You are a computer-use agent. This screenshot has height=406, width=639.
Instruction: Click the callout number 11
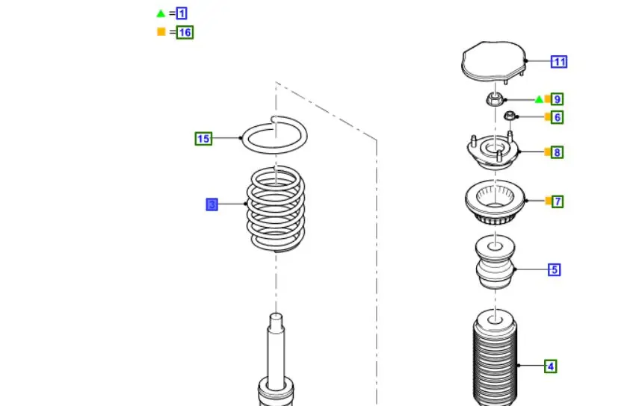click(x=559, y=62)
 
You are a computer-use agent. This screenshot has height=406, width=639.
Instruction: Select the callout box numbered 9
click(x=557, y=99)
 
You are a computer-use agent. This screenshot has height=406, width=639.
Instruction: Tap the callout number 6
click(x=557, y=118)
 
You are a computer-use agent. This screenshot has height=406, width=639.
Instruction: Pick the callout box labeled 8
click(x=557, y=152)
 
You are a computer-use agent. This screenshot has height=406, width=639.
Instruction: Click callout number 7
click(x=558, y=202)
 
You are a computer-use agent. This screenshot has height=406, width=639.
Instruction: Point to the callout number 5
click(x=555, y=269)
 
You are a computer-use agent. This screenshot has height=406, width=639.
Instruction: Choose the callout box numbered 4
click(x=551, y=366)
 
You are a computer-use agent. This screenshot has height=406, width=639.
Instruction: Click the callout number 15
click(x=203, y=139)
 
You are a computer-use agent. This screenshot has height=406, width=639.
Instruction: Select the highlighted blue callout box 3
click(x=212, y=204)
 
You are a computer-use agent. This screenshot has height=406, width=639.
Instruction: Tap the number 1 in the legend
click(x=182, y=13)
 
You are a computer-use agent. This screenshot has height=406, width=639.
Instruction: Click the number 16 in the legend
click(x=185, y=32)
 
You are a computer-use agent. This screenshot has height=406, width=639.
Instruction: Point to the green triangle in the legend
click(x=161, y=13)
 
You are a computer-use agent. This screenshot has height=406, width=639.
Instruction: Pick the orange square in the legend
click(x=161, y=32)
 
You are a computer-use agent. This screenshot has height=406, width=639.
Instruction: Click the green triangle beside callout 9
click(x=539, y=99)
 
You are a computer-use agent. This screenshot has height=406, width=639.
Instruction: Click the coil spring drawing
click(x=276, y=208)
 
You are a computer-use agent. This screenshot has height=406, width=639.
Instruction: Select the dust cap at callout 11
click(x=494, y=61)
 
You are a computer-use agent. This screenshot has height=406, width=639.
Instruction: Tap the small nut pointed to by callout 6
click(x=509, y=116)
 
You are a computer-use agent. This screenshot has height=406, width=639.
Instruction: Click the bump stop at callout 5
click(x=496, y=262)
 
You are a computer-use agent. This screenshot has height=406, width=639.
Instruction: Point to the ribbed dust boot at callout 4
click(x=496, y=358)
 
